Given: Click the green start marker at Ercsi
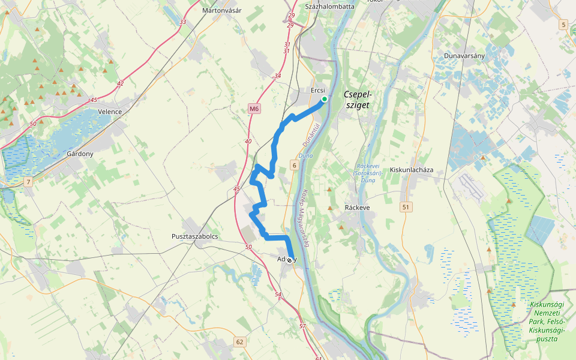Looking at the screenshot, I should tap(324, 99).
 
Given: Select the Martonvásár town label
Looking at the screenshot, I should tap(221, 10).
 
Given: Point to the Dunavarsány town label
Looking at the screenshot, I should tap(464, 56).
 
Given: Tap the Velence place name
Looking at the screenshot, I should tap(110, 112).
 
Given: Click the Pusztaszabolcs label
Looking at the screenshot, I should tap(194, 236).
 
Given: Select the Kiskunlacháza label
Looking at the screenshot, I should tap(412, 170).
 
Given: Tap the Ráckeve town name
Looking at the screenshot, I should tap(358, 207).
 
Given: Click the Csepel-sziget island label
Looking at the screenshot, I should tap(358, 100).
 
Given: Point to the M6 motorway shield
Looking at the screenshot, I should tap(255, 109).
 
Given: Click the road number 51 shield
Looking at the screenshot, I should tap(407, 207).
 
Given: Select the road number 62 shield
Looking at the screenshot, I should tap(240, 342).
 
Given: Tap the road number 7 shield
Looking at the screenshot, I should tap(28, 181).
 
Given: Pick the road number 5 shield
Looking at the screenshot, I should tap(563, 25).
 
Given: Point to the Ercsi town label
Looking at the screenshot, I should tap(318, 90).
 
